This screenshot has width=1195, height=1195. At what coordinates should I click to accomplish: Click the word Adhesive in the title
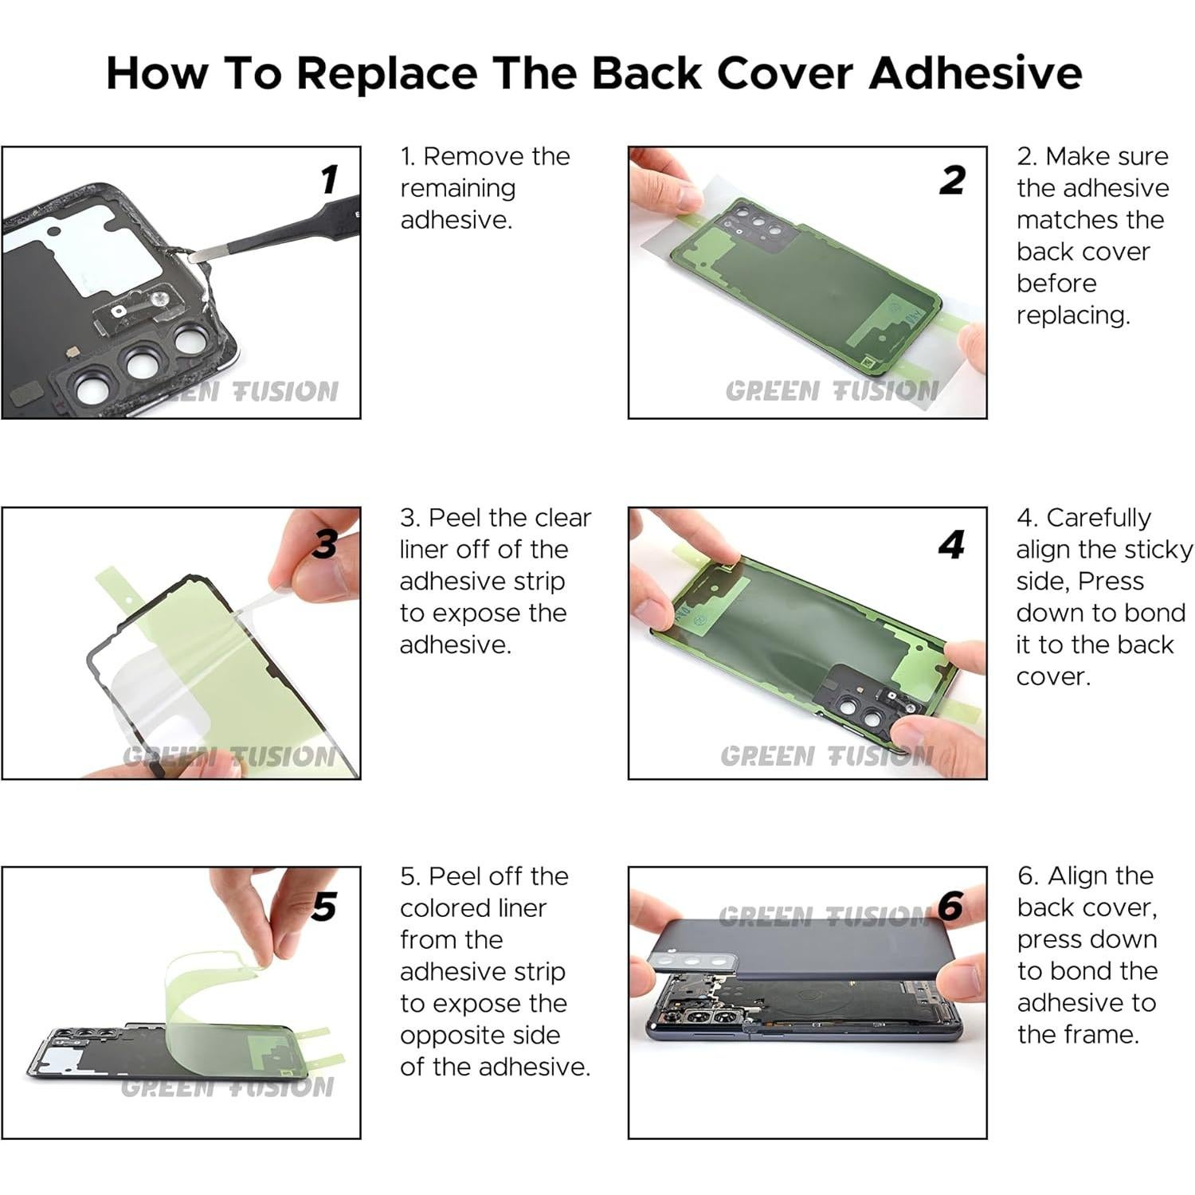click(976, 72)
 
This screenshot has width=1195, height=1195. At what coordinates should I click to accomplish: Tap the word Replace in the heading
click(386, 74)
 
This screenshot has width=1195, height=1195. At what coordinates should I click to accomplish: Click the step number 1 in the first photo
click(329, 179)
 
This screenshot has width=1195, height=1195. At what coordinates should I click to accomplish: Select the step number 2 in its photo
click(952, 180)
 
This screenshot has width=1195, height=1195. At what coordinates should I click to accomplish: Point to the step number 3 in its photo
click(324, 544)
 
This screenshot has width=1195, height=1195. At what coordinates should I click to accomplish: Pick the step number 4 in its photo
click(951, 545)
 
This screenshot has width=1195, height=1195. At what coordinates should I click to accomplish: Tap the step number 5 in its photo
click(324, 907)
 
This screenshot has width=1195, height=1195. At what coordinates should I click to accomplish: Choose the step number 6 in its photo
click(950, 907)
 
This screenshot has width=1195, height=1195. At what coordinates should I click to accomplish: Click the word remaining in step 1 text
click(458, 190)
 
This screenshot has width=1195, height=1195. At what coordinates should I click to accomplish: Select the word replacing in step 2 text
click(1073, 316)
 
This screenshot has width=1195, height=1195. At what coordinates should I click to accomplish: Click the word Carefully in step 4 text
click(1099, 519)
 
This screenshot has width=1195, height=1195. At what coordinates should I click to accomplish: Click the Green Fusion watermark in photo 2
click(832, 391)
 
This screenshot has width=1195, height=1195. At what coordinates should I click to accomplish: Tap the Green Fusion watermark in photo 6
click(825, 917)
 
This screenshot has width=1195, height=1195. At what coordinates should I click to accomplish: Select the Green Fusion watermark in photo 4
click(827, 755)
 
